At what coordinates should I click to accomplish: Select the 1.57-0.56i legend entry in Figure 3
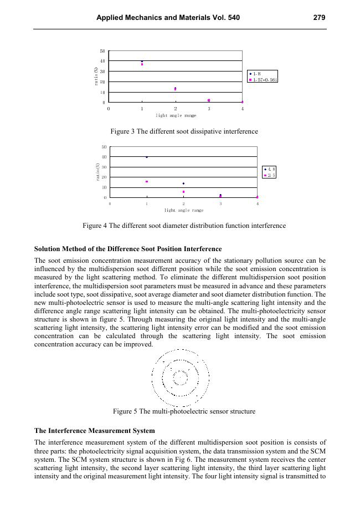click(x=264, y=80)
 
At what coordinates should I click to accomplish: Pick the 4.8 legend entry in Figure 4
click(x=270, y=169)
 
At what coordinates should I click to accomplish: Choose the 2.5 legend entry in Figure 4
click(x=270, y=175)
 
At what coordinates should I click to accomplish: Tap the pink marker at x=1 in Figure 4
click(x=147, y=181)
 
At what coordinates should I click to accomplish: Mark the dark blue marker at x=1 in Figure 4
click(x=147, y=157)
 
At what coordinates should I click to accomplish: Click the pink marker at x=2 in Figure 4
click(x=183, y=192)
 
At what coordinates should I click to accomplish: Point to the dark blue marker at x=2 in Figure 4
click(x=183, y=183)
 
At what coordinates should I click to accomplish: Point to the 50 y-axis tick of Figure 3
click(x=102, y=51)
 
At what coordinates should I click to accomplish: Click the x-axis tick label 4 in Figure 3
click(x=242, y=109)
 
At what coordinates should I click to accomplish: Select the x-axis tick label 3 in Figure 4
click(x=220, y=203)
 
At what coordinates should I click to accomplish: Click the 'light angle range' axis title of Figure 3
click(x=176, y=115)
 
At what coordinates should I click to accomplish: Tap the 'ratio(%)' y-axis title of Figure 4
click(x=98, y=172)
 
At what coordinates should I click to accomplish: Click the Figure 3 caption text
click(x=184, y=131)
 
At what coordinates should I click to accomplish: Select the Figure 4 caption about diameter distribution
click(x=184, y=226)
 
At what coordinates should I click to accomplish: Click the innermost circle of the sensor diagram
click(x=181, y=378)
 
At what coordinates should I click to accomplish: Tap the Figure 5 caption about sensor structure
click(x=184, y=411)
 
